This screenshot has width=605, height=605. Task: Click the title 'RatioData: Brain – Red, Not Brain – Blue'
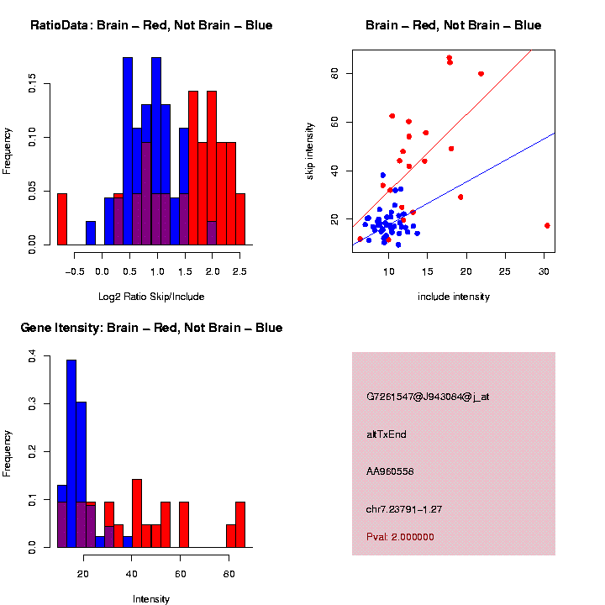pos(151,25)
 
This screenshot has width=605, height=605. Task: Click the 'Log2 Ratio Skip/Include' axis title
pos(151,297)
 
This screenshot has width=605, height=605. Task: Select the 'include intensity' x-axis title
pos(454,297)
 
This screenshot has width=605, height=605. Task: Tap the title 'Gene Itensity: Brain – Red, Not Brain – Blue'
pos(151,328)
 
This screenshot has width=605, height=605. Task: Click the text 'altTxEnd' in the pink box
pos(387,434)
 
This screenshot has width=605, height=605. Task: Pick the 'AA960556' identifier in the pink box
pos(391,471)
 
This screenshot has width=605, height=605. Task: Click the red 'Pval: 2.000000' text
pos(400,536)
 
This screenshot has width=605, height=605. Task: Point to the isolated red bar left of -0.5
pos(61,219)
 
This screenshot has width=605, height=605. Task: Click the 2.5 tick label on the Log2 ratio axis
pos(239,271)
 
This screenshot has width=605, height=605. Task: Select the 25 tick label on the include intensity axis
pos(505,271)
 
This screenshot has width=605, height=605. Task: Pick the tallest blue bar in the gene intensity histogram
pos(71,454)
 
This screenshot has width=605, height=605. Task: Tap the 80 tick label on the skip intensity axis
pos(334,74)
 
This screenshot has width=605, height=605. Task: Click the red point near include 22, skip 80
pos(481,73)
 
